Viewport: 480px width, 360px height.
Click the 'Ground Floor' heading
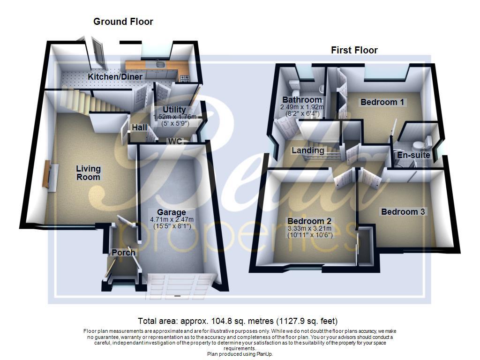(123, 22)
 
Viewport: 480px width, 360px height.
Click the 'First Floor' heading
(354, 50)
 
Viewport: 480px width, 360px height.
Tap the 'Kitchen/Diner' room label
(115, 77)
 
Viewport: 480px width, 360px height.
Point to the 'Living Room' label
(88, 173)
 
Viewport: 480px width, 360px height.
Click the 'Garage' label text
(172, 212)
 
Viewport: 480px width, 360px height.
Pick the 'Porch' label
(123, 253)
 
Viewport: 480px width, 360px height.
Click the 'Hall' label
(139, 127)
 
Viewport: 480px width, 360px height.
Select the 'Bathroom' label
(302, 100)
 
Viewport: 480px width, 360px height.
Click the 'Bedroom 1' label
(382, 102)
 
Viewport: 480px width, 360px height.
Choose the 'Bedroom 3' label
(403, 212)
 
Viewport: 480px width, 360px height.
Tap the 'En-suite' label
(414, 155)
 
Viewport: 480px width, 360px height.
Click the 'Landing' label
(308, 150)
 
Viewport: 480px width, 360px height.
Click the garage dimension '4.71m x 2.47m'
(172, 219)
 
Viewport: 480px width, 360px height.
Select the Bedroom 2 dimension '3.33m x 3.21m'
(310, 228)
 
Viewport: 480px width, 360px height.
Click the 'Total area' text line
(238, 321)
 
